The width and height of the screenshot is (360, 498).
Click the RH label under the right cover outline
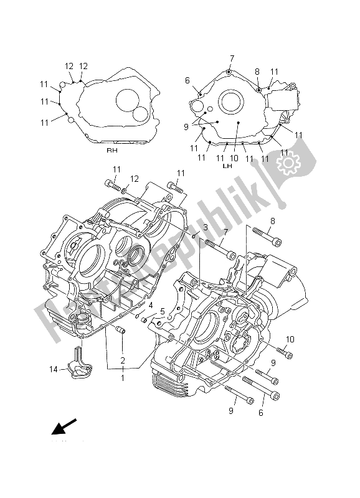point(111,151)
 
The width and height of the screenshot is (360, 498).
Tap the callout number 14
point(54,370)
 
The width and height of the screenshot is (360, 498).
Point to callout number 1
point(123,377)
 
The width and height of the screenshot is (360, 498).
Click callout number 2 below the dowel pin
point(123,360)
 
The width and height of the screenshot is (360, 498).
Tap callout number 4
point(150,305)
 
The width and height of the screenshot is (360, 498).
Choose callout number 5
point(161,311)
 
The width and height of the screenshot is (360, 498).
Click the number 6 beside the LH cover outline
point(187,80)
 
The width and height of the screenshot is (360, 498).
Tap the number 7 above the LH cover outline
point(231,59)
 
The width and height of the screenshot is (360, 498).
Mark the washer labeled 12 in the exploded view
point(124,190)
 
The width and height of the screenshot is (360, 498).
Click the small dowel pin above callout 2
point(122,328)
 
